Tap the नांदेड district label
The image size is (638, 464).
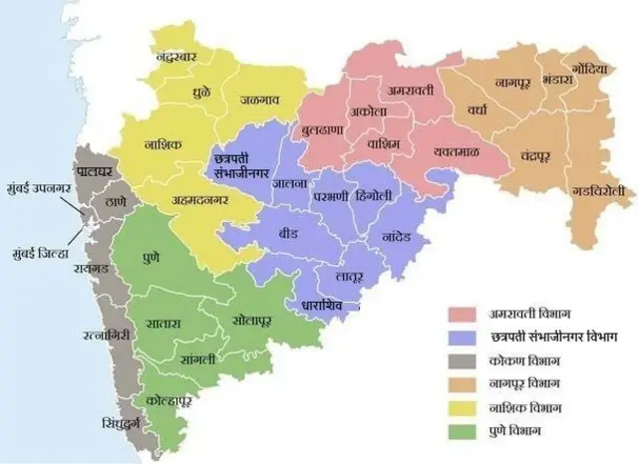coord(402,238)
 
